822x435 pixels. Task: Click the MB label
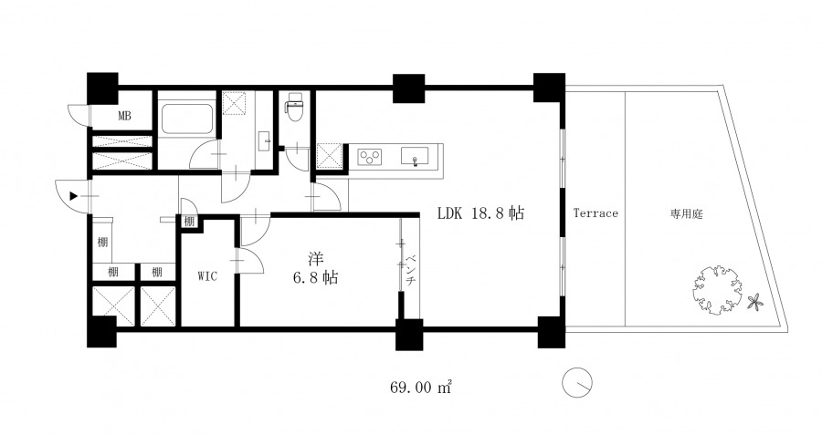[124, 116]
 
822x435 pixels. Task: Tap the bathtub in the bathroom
[187, 119]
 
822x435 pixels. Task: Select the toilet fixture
[293, 107]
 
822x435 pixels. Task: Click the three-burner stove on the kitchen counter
[370, 157]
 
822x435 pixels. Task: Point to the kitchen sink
[415, 156]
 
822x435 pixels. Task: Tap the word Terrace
[595, 213]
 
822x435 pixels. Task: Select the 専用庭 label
[686, 213]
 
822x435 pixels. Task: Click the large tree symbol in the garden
[717, 289]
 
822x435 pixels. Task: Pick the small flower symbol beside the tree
[755, 302]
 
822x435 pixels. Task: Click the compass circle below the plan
[577, 382]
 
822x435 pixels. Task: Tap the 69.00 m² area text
[421, 388]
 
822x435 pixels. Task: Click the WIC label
[207, 276]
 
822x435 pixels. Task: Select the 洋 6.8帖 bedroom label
[315, 268]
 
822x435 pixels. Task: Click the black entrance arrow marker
[73, 196]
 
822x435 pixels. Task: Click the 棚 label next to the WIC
[189, 222]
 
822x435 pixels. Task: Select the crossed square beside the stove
[329, 157]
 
